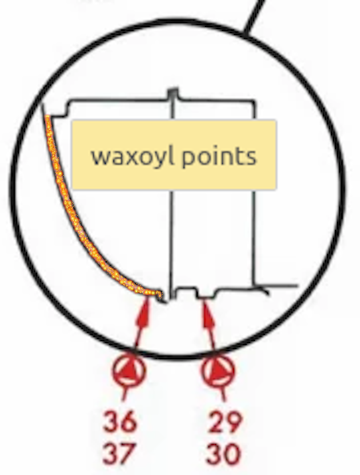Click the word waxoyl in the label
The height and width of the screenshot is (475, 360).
coord(133,157)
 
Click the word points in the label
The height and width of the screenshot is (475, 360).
coord(219,158)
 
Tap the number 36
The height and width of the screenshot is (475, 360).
coord(120,421)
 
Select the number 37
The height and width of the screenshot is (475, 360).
coord(119,454)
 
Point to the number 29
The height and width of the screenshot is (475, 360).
coord(225,421)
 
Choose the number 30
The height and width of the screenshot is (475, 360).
coord(223,454)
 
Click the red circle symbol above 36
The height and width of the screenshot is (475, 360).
coord(129,370)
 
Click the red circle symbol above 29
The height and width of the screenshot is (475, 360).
coord(218,370)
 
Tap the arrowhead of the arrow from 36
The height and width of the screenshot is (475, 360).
coord(144,312)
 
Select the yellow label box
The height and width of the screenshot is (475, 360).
coord(174,155)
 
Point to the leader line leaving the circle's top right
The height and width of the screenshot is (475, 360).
coord(253,17)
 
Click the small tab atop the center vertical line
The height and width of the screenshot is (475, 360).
coord(173,93)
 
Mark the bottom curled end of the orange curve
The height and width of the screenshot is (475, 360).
coord(160,295)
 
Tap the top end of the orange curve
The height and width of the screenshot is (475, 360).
coord(48,117)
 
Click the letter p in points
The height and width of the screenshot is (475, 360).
coord(188,160)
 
